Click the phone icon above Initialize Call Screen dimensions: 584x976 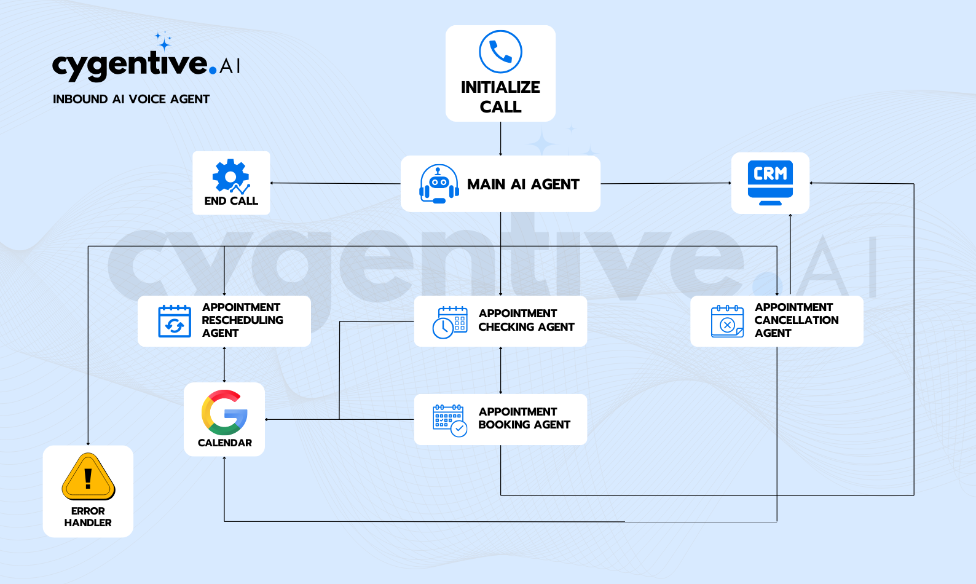[x=500, y=52]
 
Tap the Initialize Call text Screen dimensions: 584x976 [x=500, y=97]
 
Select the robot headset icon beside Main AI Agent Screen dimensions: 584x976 [x=439, y=184]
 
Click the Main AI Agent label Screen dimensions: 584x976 [x=523, y=184]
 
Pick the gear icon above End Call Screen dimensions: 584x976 [x=230, y=176]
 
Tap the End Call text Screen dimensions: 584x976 [x=231, y=201]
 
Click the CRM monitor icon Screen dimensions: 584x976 [x=770, y=183]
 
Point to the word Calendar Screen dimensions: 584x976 [x=224, y=443]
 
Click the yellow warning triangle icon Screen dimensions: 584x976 [x=88, y=476]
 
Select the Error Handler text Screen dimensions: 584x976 [x=88, y=517]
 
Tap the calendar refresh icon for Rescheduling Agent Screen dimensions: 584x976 [x=175, y=321]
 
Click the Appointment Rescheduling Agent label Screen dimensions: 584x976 [x=242, y=320]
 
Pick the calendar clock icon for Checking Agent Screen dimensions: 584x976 [x=450, y=322]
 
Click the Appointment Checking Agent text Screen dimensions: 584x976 [x=526, y=320]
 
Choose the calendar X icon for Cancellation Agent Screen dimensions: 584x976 [x=727, y=321]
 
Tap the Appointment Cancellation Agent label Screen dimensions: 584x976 [x=796, y=320]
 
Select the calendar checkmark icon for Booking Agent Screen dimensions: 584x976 [x=450, y=420]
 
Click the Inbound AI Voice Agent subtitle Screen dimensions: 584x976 [x=131, y=99]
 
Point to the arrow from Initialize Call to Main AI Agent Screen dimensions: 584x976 [x=500, y=138]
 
